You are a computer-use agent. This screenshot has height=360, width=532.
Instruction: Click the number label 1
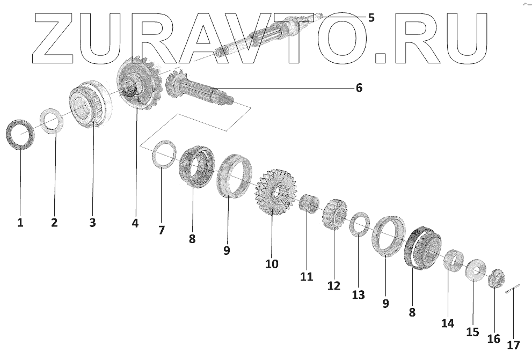point(20,222)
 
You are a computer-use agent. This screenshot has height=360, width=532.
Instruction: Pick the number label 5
point(370,18)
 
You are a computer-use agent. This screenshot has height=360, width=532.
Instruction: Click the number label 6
point(359,87)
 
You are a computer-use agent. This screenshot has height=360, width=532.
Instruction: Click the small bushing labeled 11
point(308,206)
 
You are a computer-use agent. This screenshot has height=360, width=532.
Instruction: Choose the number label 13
point(358,295)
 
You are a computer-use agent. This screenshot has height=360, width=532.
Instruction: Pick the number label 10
point(272,263)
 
